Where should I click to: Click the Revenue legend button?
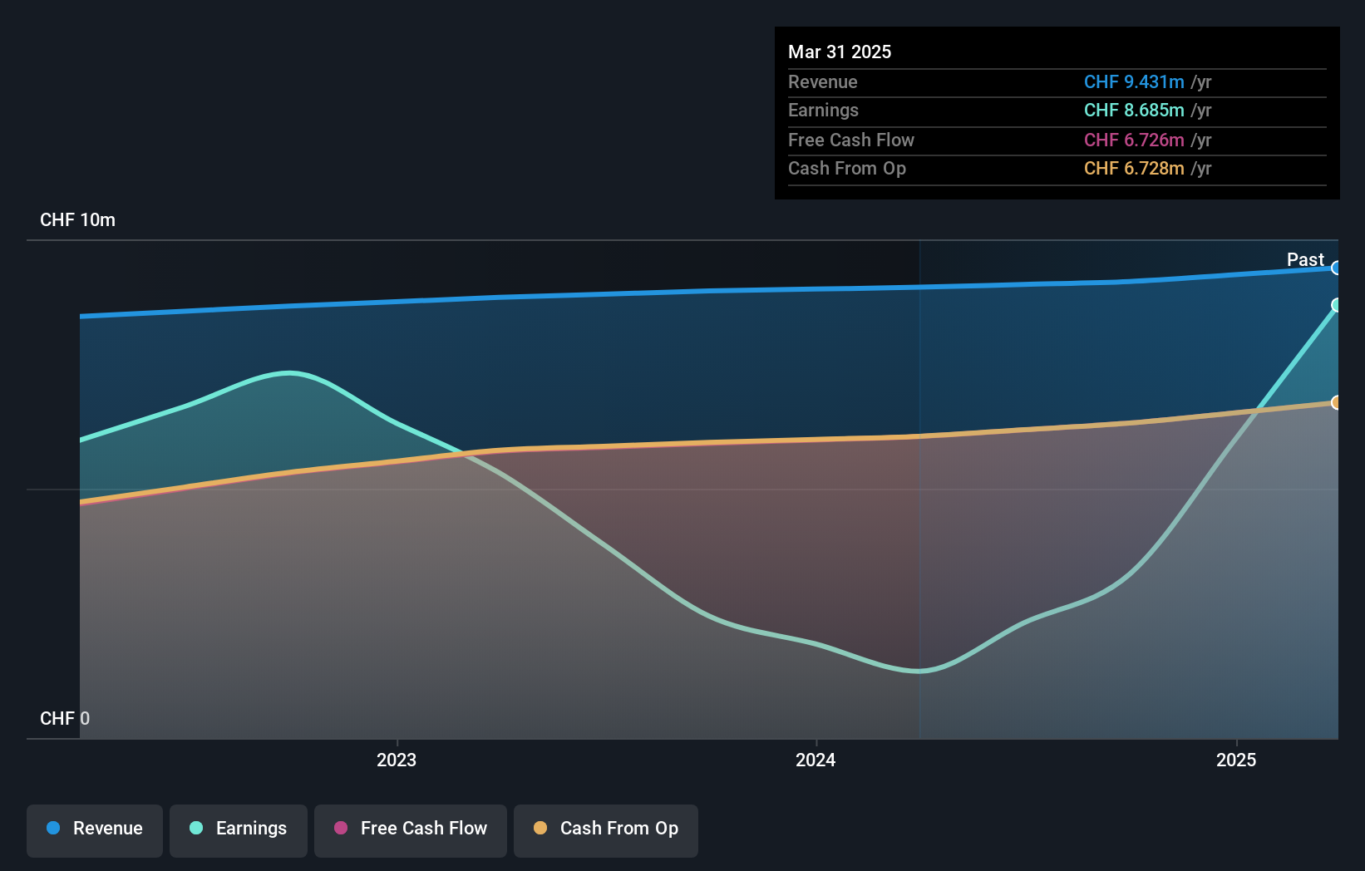[x=95, y=829]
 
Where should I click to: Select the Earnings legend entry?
[x=239, y=829]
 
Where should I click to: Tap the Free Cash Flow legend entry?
[x=411, y=829]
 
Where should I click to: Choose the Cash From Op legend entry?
[x=606, y=829]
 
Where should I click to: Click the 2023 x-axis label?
[x=397, y=760]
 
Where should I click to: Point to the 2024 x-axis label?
[x=816, y=760]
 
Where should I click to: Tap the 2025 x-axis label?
[x=1236, y=760]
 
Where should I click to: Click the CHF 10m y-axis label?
[x=78, y=220]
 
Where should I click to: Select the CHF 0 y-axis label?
[x=65, y=719]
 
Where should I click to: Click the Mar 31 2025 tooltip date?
[x=840, y=52]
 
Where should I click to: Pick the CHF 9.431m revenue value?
[x=1134, y=82]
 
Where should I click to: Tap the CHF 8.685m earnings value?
[x=1134, y=111]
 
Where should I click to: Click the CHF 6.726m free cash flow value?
[x=1134, y=140]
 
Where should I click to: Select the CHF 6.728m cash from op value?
[x=1134, y=169]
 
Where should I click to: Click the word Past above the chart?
[x=1305, y=260]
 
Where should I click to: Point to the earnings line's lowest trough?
[x=919, y=671]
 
